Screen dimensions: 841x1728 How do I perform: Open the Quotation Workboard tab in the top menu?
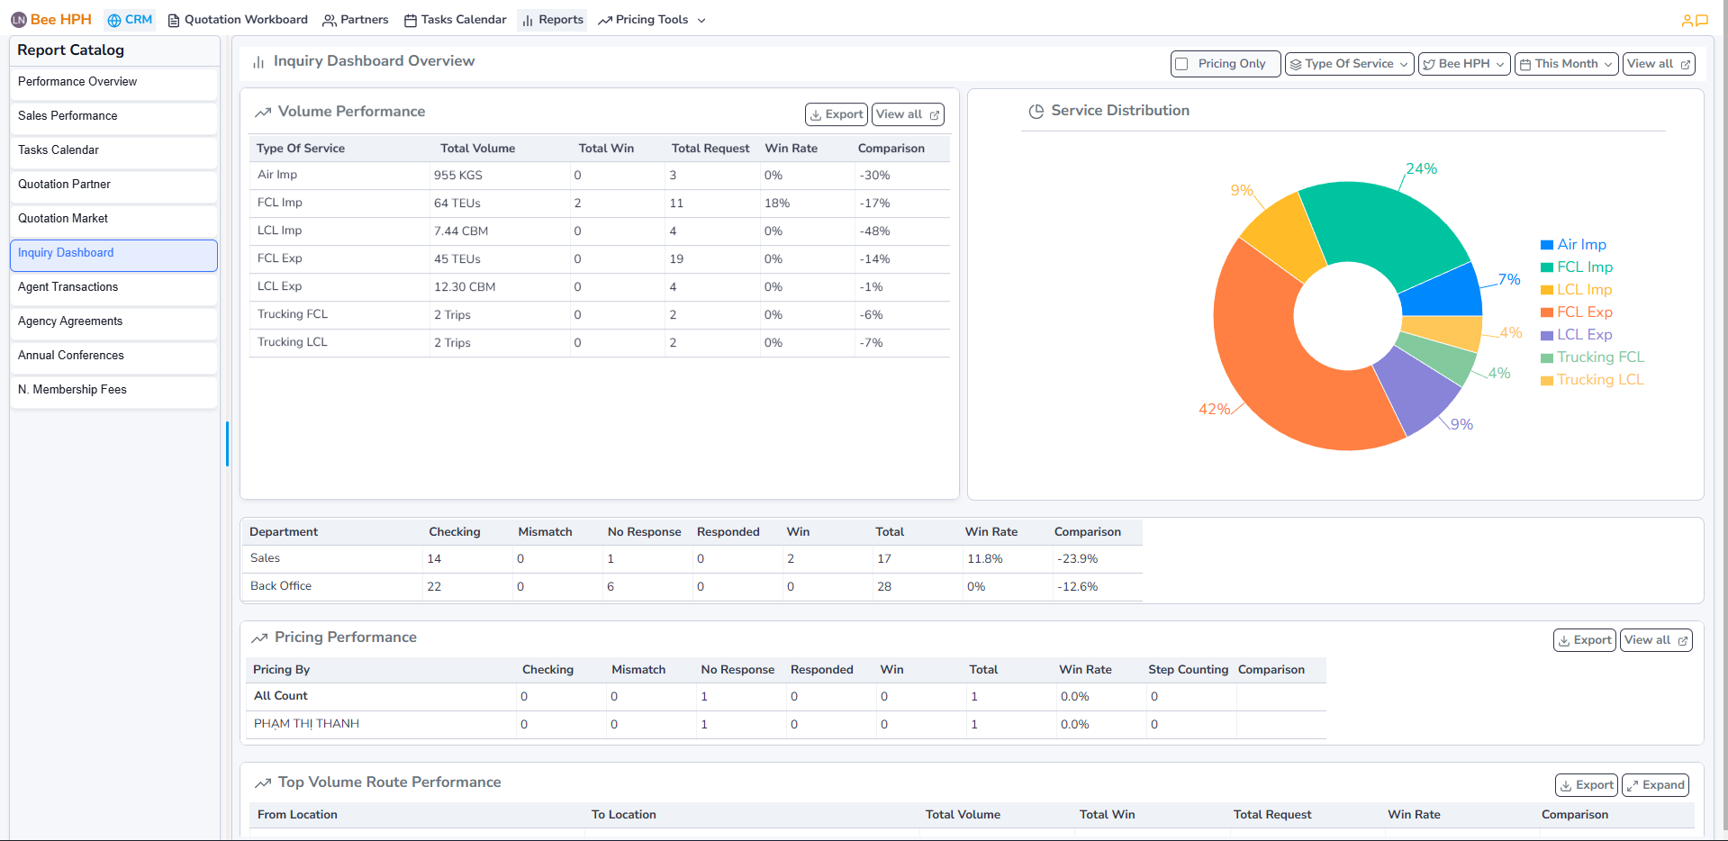tap(238, 20)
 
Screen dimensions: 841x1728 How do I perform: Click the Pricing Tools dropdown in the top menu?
tap(652, 20)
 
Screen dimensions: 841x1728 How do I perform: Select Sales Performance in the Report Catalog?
tap(68, 116)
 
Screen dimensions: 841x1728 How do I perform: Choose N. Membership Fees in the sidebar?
tap(72, 390)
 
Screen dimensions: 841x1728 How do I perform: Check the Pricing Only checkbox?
tap(1181, 64)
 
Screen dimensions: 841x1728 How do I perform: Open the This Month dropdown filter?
tap(1566, 64)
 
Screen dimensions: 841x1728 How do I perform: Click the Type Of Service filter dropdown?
tap(1349, 64)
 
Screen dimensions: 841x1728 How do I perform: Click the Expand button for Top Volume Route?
tap(1655, 785)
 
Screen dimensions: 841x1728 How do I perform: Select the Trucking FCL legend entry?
tap(1599, 357)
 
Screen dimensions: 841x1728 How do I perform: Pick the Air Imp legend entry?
tap(1581, 245)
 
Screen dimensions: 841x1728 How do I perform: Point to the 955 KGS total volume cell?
tap(458, 176)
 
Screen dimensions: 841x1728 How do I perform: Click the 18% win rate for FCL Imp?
tap(777, 203)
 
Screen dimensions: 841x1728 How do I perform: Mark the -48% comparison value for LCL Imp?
tap(874, 231)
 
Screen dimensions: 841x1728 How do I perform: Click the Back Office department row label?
tap(281, 586)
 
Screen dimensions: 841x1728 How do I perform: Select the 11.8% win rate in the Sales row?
tap(984, 559)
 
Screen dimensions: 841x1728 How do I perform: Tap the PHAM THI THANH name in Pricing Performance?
tap(306, 724)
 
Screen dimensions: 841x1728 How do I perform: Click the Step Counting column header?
tap(1188, 670)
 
